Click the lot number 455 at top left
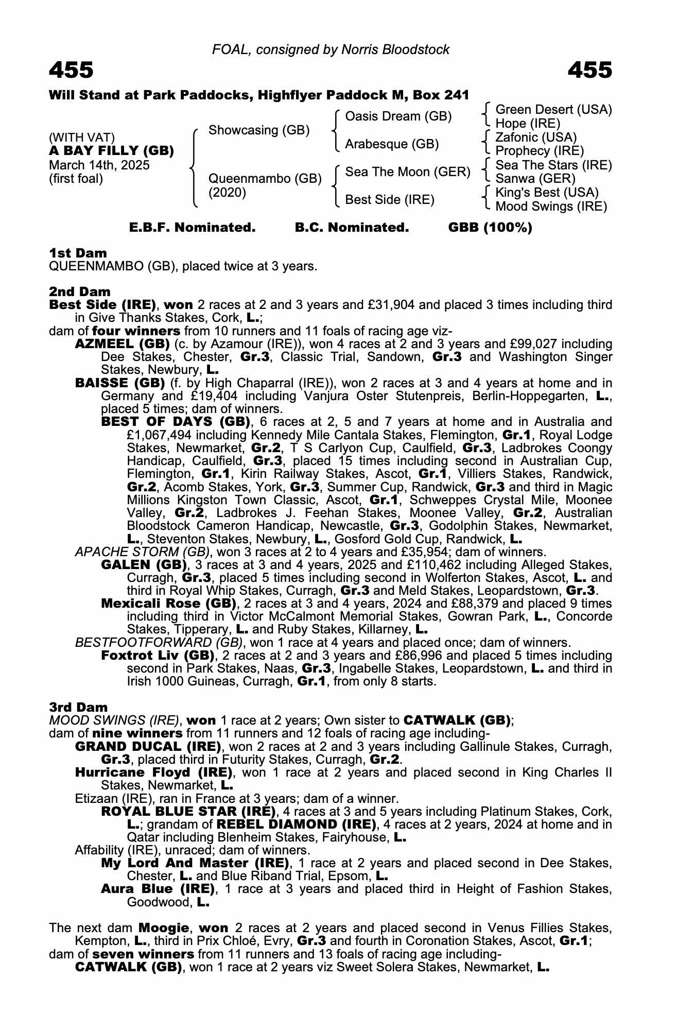click(x=71, y=70)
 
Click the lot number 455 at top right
click(x=590, y=70)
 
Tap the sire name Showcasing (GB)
click(x=259, y=130)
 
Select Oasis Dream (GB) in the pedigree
click(x=398, y=116)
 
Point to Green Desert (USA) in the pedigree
click(x=553, y=110)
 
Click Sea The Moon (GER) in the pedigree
click(x=408, y=171)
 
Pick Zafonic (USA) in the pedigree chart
click(x=536, y=138)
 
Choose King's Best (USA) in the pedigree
click(x=547, y=193)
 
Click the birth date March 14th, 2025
click(x=99, y=165)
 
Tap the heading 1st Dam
click(x=78, y=253)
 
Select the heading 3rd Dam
click(x=78, y=707)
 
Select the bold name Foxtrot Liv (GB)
click(x=158, y=656)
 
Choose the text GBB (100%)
click(x=490, y=228)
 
